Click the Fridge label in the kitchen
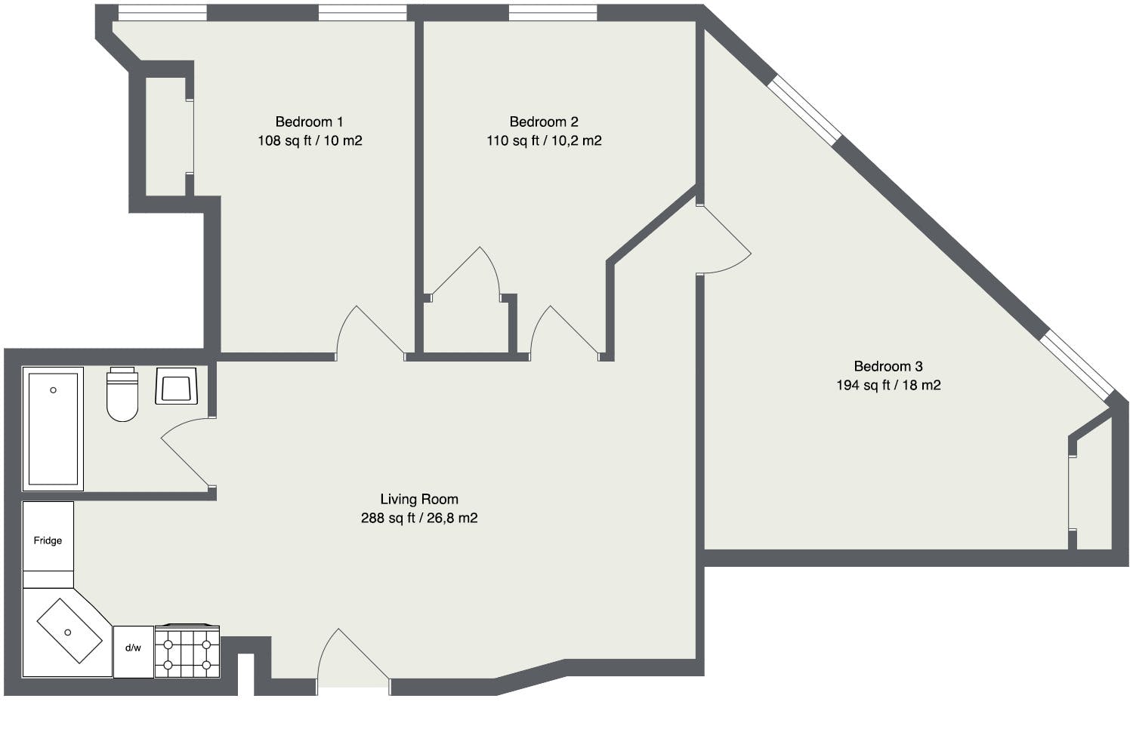(x=48, y=540)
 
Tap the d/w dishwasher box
(x=134, y=652)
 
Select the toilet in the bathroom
(x=122, y=394)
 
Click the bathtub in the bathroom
(x=53, y=429)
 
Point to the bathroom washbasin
(x=176, y=386)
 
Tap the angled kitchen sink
(x=69, y=631)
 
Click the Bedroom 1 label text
(x=309, y=122)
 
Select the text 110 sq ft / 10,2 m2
(x=544, y=140)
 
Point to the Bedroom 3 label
(x=888, y=366)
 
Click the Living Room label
(x=419, y=500)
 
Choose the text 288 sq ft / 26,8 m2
(x=419, y=518)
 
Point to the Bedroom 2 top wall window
(x=553, y=13)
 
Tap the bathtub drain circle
(x=53, y=390)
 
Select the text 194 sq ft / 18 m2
(x=888, y=385)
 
